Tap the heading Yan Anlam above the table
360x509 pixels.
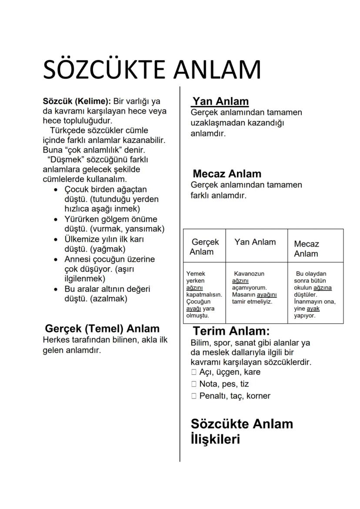click(220, 102)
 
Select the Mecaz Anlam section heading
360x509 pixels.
click(227, 174)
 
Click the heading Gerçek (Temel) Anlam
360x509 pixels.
click(102, 329)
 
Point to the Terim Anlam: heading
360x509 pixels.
click(231, 331)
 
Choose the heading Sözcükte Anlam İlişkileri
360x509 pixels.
click(242, 431)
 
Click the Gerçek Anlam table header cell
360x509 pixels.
click(204, 247)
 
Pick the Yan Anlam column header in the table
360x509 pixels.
click(255, 242)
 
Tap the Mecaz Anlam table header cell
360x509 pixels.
click(307, 249)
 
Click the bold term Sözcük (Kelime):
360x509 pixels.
click(77, 101)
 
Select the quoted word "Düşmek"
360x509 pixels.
click(61, 160)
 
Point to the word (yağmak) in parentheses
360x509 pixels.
click(107, 249)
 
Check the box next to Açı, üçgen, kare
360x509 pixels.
click(194, 372)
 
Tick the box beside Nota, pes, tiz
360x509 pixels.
click(194, 384)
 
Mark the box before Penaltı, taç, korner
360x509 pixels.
click(194, 396)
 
